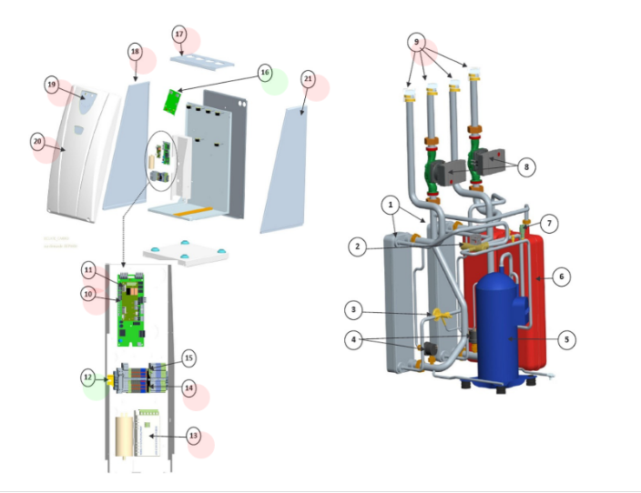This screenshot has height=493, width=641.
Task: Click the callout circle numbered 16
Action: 264,72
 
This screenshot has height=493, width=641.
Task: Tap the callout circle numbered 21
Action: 307,80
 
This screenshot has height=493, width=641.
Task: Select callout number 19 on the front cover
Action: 53,85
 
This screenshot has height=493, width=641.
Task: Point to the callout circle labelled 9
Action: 417,41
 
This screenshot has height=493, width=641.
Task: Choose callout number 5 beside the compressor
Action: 565,338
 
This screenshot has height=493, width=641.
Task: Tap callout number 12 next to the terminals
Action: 89,377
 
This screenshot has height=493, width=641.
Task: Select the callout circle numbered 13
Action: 193,436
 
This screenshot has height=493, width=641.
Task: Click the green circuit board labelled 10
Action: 134,305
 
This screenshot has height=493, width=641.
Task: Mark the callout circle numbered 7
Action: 549,224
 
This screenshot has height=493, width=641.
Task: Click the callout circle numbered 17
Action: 179,34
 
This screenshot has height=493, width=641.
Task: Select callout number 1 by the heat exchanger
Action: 391,204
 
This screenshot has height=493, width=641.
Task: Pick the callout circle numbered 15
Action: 188,357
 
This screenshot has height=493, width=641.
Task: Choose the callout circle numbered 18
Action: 135,53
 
